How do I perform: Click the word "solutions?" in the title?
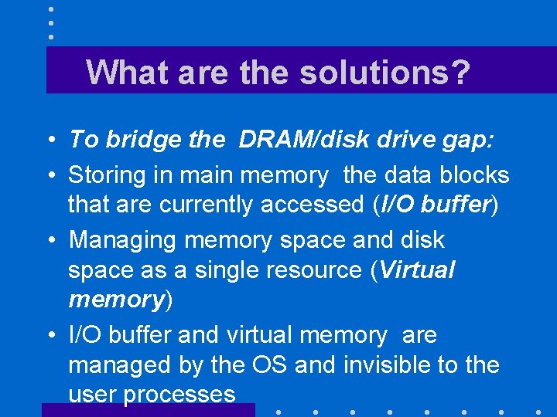tap(384, 72)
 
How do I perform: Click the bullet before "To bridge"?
tap(50, 141)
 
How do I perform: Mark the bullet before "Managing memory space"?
tap(50, 241)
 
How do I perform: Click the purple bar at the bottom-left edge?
tap(147, 410)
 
